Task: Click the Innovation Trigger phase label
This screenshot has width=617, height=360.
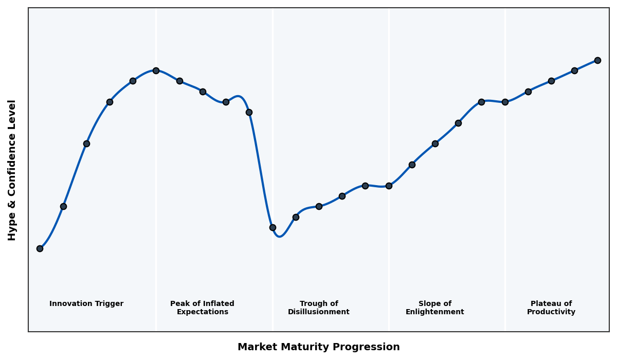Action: pos(86,304)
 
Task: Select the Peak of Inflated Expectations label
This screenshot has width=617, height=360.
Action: pos(202,308)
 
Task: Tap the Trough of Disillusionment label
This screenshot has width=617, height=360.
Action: pos(319,308)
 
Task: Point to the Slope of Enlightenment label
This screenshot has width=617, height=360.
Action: pos(434,308)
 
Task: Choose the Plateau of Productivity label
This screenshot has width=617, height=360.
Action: pos(551,308)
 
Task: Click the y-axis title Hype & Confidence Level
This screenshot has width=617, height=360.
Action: pos(12,170)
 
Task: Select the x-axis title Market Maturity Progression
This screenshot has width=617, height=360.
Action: pos(318,347)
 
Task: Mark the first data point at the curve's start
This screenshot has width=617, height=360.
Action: pos(40,248)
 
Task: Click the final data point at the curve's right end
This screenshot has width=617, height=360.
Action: pos(597,60)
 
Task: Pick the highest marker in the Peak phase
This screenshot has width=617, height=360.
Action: pos(156,70)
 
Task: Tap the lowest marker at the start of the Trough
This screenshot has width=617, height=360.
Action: pos(273,227)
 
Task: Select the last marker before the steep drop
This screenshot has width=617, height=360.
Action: pos(249,112)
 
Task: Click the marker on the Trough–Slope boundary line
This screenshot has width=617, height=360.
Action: pos(389,186)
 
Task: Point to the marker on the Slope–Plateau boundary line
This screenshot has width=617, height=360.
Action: pos(505,102)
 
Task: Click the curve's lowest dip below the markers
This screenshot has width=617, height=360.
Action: pos(279,237)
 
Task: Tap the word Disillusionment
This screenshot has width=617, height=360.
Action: pos(319,312)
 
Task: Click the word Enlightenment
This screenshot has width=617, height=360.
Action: pos(434,312)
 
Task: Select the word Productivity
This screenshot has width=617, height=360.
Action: pos(551,312)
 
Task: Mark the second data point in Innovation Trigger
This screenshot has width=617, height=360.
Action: pos(63,206)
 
